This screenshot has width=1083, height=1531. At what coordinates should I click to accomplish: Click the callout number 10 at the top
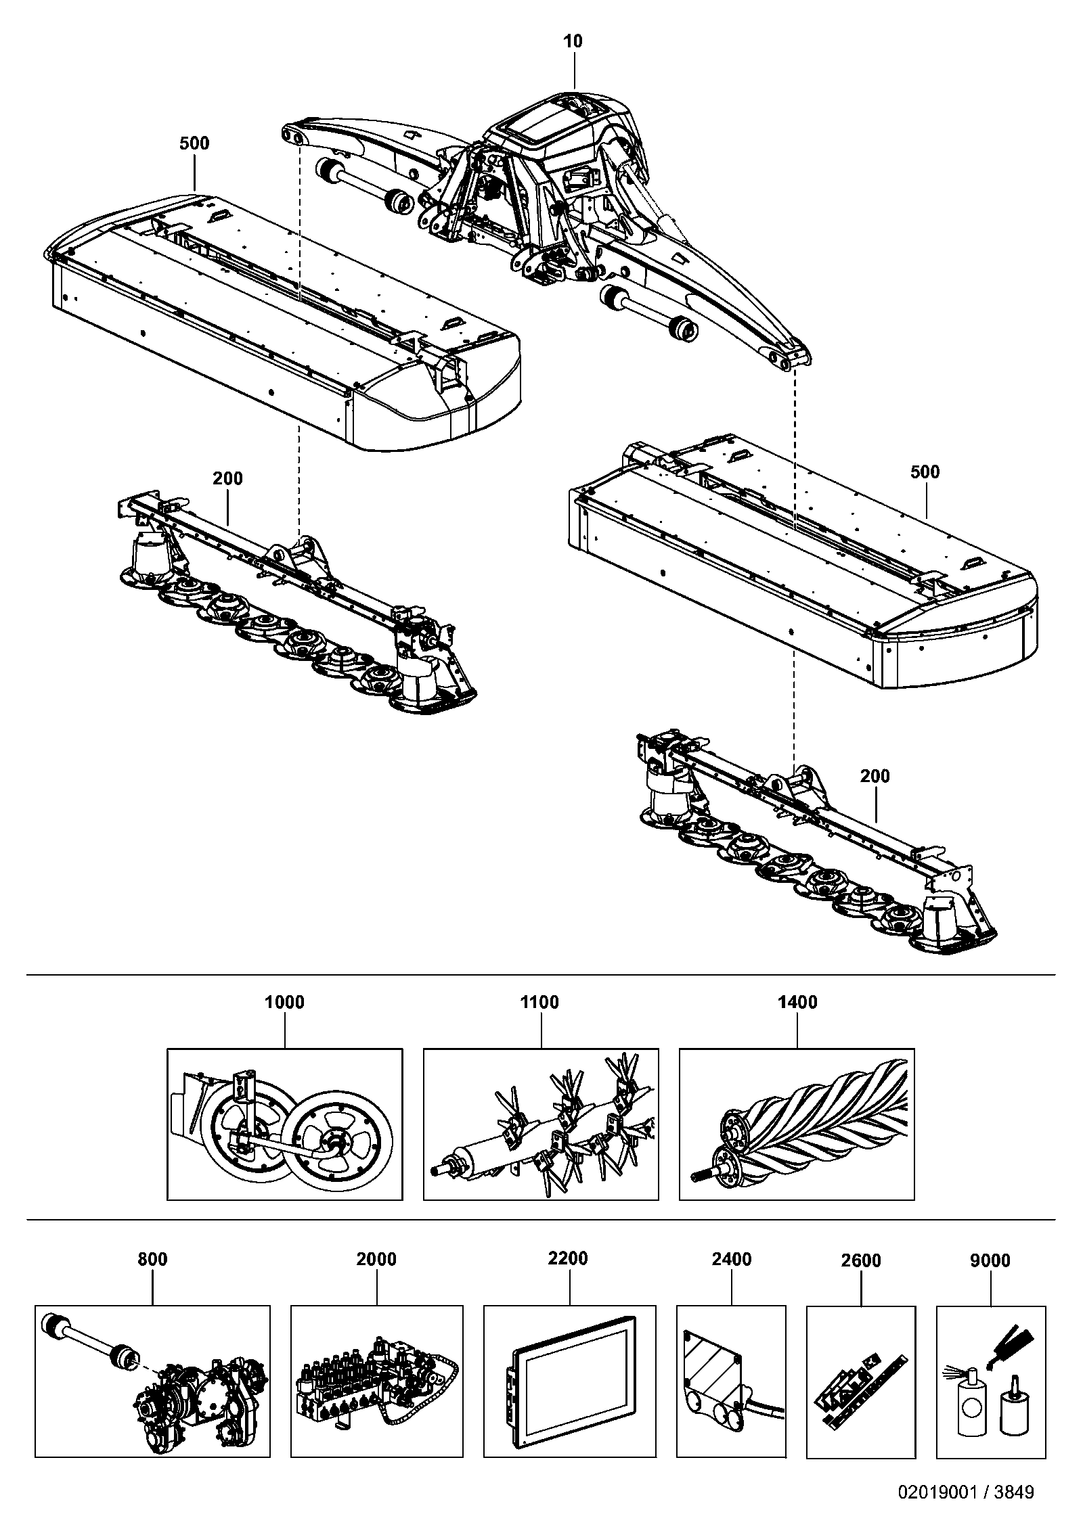click(573, 41)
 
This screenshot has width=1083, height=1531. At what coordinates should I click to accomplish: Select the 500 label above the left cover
click(194, 143)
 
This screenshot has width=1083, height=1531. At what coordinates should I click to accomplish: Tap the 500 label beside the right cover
click(925, 472)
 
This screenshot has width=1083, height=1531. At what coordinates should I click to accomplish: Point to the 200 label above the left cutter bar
click(227, 478)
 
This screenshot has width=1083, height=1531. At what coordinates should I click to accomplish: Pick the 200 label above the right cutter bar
click(875, 776)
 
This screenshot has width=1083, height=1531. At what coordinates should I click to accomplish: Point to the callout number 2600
click(861, 1260)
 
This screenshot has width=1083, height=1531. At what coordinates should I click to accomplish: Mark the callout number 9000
click(990, 1260)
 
